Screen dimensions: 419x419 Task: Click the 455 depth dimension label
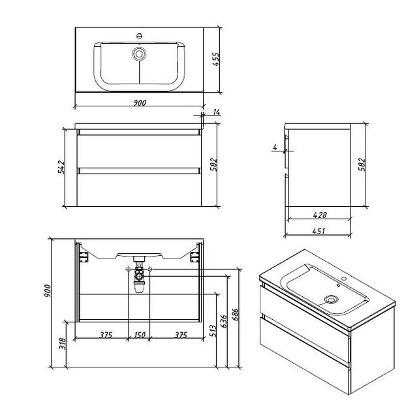click(215, 59)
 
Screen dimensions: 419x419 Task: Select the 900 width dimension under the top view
click(140, 102)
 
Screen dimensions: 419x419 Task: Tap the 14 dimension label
click(217, 112)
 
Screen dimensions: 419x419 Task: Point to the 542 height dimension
click(61, 167)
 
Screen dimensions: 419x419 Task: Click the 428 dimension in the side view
click(320, 215)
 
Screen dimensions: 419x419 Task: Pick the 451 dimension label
click(318, 231)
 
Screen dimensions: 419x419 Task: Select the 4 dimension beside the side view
click(275, 147)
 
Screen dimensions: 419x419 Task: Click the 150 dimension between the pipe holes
click(140, 335)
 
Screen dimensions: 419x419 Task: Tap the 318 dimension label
click(62, 344)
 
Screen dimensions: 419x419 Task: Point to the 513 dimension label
click(213, 331)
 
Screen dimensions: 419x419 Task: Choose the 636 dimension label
click(224, 321)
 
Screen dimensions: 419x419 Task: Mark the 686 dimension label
click(236, 315)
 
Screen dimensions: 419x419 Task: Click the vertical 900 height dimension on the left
click(47, 291)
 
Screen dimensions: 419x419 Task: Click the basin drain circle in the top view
click(139, 54)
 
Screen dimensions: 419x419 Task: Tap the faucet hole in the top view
click(139, 35)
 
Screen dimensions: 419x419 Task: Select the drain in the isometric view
click(332, 300)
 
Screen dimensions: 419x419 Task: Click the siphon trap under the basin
click(139, 275)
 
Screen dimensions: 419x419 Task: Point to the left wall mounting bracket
click(84, 256)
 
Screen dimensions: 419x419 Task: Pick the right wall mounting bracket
click(194, 256)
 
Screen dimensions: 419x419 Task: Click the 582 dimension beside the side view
click(362, 164)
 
